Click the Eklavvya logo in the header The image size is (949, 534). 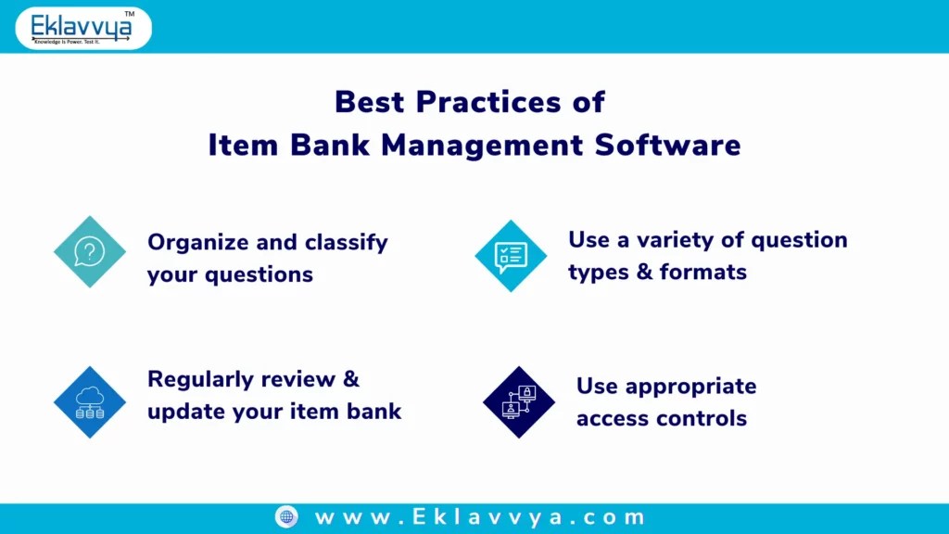coord(82,27)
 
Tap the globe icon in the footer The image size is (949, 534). coord(286,517)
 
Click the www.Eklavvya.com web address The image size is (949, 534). coord(479,517)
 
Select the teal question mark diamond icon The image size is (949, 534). coord(89,251)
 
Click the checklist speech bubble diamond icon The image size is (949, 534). coord(511,256)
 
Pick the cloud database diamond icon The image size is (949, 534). coord(89,401)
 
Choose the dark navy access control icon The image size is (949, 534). coord(518,402)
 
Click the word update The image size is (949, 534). coord(182,412)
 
